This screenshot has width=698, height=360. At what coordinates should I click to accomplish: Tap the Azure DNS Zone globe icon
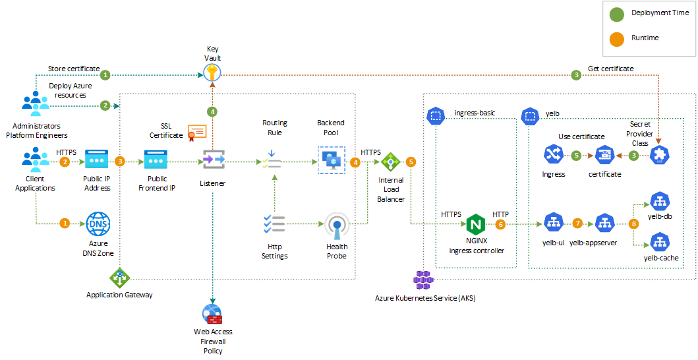[x=98, y=224]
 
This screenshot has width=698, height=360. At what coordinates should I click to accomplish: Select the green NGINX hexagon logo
[x=475, y=225]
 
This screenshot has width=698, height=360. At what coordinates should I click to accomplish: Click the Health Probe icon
[x=337, y=226]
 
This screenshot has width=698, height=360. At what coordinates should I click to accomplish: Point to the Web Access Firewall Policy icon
[x=213, y=313]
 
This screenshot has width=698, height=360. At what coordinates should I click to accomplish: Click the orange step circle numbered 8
[x=634, y=224]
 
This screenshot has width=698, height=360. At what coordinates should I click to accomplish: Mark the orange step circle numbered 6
[x=501, y=224]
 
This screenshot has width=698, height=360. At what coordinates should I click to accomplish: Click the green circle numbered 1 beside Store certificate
[x=105, y=75]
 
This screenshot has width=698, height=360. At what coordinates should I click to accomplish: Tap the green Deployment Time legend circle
[x=616, y=14]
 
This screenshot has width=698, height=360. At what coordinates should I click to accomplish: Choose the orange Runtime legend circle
[x=616, y=39]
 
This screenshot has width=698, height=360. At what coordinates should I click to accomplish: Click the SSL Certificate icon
[x=197, y=133]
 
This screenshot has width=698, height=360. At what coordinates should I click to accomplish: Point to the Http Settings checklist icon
[x=274, y=224]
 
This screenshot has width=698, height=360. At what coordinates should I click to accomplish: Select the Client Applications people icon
[x=36, y=160]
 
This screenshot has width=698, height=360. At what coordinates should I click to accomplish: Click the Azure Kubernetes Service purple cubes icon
[x=423, y=280]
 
